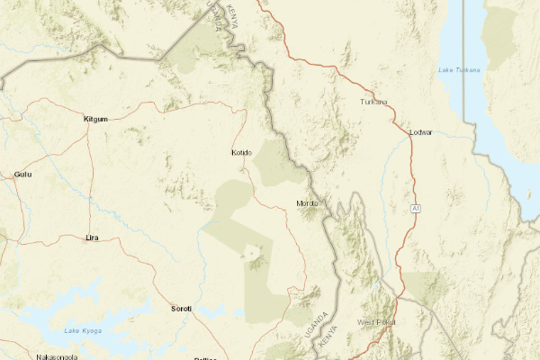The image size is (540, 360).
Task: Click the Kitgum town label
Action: pos(94,119)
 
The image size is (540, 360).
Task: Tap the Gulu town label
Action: pos(22,174)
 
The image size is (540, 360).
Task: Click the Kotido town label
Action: pos(242,152)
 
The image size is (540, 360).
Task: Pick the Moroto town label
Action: pos(307,203)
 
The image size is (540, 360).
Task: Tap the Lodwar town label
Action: pos(420,132)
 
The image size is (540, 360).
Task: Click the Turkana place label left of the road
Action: pos(373,102)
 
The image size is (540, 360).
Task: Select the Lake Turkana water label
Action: pos(459,70)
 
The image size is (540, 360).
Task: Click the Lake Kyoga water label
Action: pos(83,331)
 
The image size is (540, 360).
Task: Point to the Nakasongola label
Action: pos(55,356)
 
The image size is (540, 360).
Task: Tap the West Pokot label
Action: pos(376,321)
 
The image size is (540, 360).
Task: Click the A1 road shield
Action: pos(417,209)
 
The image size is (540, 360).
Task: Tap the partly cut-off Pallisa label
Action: pos(206,356)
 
